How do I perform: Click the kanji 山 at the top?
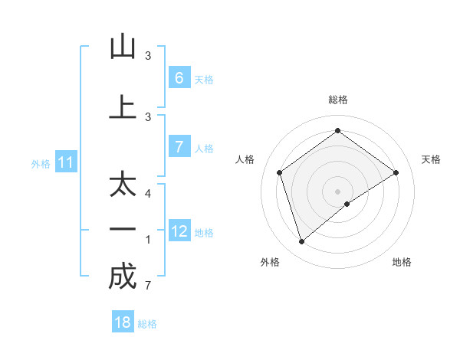coord(123,47)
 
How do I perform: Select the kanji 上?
coord(123,107)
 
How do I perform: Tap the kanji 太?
coord(123,185)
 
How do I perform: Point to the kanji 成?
coord(123,277)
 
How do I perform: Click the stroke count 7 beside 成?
coord(147,286)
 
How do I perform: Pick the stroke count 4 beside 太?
coord(148,193)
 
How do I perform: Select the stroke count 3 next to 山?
coord(148,56)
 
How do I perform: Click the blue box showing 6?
coord(179,77)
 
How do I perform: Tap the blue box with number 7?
coord(179,147)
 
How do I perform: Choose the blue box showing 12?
coord(179,231)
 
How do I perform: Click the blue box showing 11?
coord(66,162)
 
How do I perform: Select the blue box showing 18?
coord(123,322)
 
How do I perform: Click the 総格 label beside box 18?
coord(147,324)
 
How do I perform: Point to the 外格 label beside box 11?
coord(41,163)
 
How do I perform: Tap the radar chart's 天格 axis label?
coord(431,159)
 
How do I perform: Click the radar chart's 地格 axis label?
coord(402,262)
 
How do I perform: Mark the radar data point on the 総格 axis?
coord(337,131)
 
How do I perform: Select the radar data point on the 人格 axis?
coord(280,172)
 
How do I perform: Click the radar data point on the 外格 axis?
coord(302,242)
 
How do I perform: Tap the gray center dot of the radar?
coord(337,191)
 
